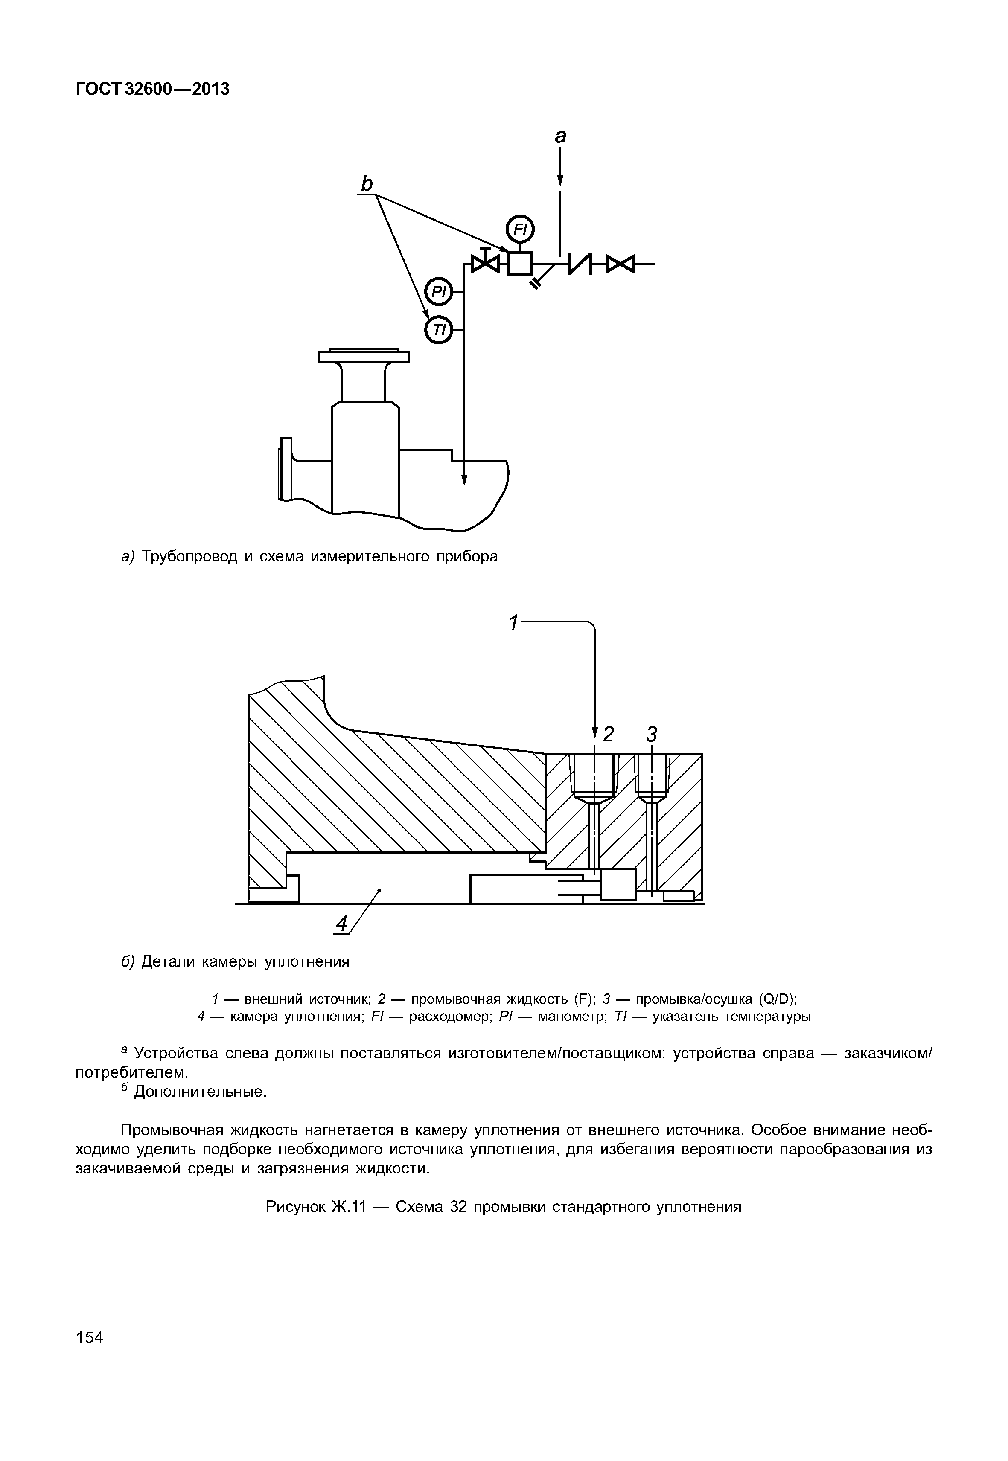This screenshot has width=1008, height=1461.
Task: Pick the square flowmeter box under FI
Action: (520, 263)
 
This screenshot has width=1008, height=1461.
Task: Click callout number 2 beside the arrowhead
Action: (608, 734)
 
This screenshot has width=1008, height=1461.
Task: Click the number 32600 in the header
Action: (149, 89)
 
